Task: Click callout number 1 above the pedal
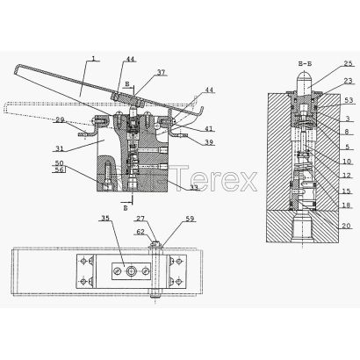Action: click(x=93, y=59)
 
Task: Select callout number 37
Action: click(x=162, y=72)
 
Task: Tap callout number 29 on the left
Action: click(x=60, y=119)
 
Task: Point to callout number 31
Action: click(x=60, y=148)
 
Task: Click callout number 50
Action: click(x=59, y=163)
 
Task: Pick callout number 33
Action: click(x=194, y=187)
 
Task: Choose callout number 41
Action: click(x=209, y=128)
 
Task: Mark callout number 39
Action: click(x=209, y=142)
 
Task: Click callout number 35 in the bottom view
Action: click(x=105, y=218)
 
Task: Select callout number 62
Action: click(x=140, y=232)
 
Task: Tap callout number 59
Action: click(x=191, y=219)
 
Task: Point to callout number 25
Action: click(x=348, y=63)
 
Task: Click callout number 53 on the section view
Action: click(x=349, y=101)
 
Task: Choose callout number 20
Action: click(x=346, y=226)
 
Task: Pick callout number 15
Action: click(x=346, y=191)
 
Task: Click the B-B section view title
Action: click(x=305, y=63)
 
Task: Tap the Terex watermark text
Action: click(x=216, y=178)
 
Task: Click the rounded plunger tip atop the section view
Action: click(x=305, y=77)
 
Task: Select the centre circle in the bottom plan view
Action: click(x=131, y=271)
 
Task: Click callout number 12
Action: click(x=347, y=176)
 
